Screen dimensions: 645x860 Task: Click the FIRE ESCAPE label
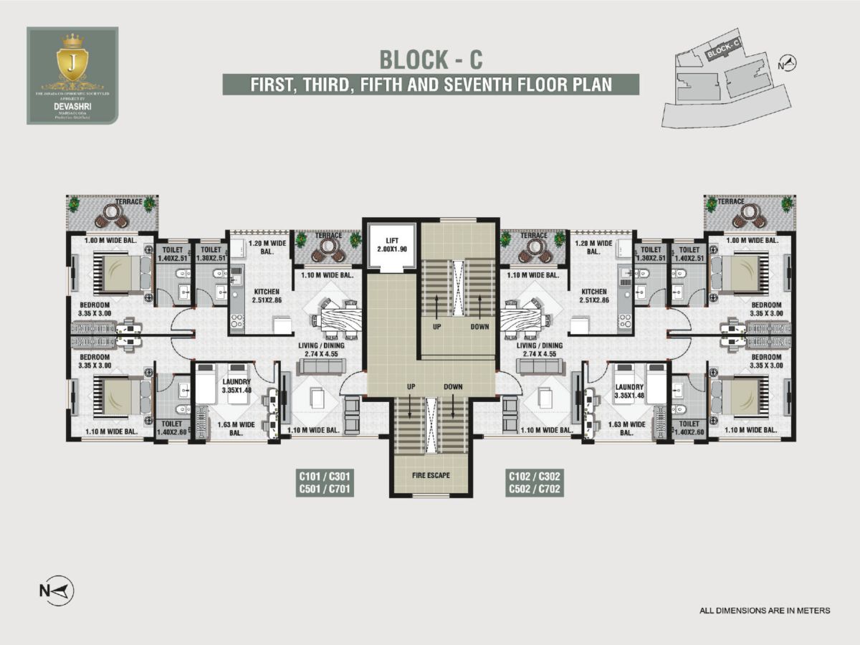tap(431, 474)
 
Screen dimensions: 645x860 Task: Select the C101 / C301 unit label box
tap(326, 482)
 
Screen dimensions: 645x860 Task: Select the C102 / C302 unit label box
tap(535, 482)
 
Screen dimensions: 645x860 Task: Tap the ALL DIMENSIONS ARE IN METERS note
tap(765, 611)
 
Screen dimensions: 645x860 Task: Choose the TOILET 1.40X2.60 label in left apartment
tap(172, 428)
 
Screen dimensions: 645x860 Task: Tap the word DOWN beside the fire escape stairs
tap(453, 387)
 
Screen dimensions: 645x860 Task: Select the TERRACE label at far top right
tap(731, 202)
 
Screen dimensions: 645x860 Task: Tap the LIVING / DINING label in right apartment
tap(539, 349)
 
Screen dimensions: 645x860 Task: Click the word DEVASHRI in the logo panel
tap(72, 103)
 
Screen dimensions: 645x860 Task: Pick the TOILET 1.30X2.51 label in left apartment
tap(209, 254)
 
